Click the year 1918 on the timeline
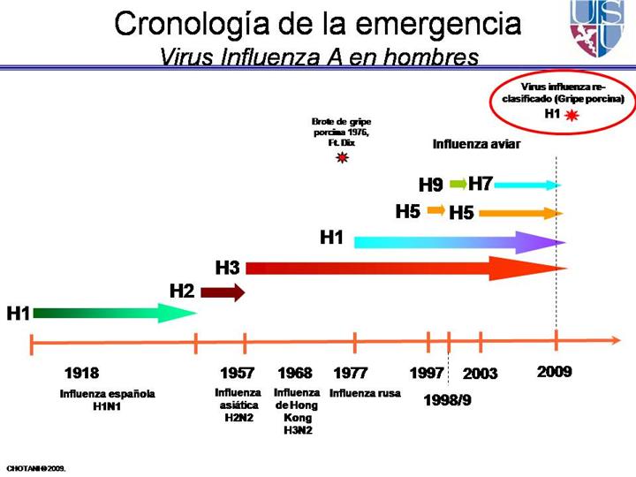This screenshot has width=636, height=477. coord(82,373)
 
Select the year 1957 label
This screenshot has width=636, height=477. coord(238,373)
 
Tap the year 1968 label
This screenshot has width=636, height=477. coord(295,373)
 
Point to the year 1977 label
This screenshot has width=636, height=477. coord(351,373)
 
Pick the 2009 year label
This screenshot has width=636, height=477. coord(555,372)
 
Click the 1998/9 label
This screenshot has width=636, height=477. coord(449,399)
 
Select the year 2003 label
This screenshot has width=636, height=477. coord(481,374)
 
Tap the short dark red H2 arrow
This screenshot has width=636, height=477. coord(223,293)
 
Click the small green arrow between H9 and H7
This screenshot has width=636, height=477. coord(458,184)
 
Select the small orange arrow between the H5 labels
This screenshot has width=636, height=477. coord(435,210)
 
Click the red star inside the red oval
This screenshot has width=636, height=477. coord(573,115)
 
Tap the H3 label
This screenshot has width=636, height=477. coord(228,267)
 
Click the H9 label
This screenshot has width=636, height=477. coord(430,185)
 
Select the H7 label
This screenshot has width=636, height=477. coord(481,184)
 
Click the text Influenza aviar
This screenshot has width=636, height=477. coord(476,144)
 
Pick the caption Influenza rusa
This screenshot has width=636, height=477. coord(365,394)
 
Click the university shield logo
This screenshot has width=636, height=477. coord(597,27)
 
